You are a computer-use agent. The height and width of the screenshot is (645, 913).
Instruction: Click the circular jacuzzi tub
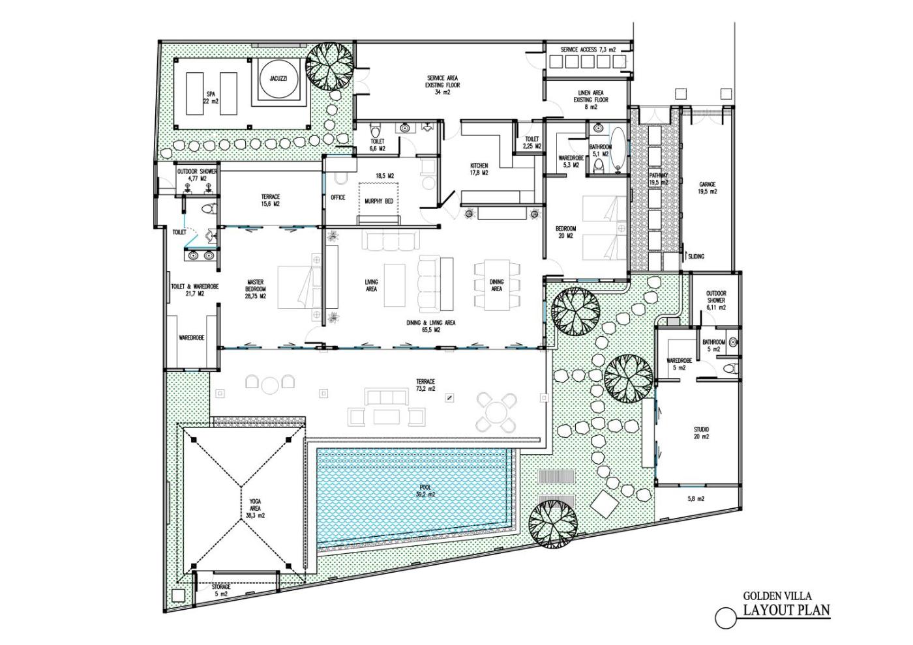[x=278, y=79]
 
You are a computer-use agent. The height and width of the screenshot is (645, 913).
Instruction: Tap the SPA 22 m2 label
[x=211, y=98]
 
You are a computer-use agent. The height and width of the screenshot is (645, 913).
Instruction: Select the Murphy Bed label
[x=379, y=201]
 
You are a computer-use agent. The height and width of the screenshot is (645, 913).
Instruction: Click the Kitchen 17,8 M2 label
[x=479, y=169]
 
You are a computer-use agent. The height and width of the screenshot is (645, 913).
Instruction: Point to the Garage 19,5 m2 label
[x=708, y=188]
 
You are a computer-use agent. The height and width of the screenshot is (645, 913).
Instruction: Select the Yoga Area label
[x=255, y=505]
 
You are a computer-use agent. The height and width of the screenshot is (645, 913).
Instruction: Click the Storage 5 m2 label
[x=221, y=590]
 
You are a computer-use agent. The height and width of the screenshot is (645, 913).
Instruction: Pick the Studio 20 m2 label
[x=702, y=433]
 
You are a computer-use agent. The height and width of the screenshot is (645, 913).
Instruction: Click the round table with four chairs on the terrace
[x=496, y=412]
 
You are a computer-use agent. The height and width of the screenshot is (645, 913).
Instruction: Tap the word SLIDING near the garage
[x=696, y=257]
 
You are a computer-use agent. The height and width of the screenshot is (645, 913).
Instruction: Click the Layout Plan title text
[x=786, y=622]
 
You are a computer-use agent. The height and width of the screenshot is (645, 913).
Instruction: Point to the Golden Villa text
[x=777, y=607]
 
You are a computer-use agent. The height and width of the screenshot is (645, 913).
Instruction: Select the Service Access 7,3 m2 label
[x=588, y=50]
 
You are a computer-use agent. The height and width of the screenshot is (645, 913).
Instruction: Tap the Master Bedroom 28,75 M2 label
[x=255, y=289]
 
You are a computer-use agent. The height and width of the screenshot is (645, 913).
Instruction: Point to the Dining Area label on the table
[x=496, y=285]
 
